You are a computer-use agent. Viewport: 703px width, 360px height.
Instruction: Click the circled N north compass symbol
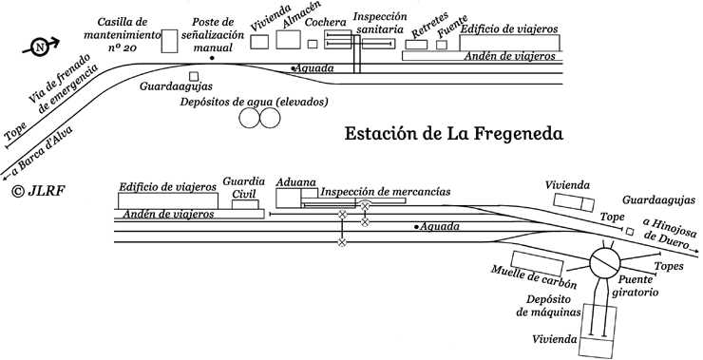tap(39, 44)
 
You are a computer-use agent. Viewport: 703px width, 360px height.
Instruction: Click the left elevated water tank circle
tap(251, 118)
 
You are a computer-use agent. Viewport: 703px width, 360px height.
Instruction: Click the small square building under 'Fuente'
tap(442, 44)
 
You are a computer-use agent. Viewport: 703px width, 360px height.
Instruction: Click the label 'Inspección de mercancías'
tap(385, 192)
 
